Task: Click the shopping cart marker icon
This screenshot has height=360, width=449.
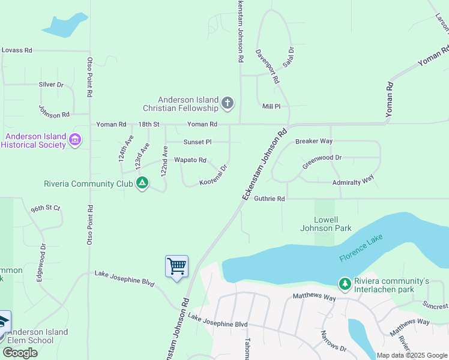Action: pos(176,265)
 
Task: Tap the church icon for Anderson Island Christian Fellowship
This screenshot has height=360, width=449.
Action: pos(227,103)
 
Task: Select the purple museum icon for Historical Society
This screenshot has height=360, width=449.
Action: pos(75,140)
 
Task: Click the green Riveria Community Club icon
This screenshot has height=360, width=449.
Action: pos(142,183)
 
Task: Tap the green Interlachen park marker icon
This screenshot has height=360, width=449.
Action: pos(345,283)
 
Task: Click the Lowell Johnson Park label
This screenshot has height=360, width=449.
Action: pos(325,224)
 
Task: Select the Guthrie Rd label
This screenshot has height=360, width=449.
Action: pos(269,199)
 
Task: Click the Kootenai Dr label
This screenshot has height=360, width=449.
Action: pos(214,176)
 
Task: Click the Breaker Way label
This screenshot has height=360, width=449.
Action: pos(313,142)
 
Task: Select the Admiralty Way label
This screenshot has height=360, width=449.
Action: pos(353,179)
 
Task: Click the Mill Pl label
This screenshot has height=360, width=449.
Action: pos(271,106)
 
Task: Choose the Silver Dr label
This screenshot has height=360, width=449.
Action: pos(51,85)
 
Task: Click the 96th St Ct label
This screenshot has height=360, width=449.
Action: pos(46,208)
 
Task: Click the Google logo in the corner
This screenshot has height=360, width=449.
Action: pos(20,353)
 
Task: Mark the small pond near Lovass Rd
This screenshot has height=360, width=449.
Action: pos(64,25)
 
